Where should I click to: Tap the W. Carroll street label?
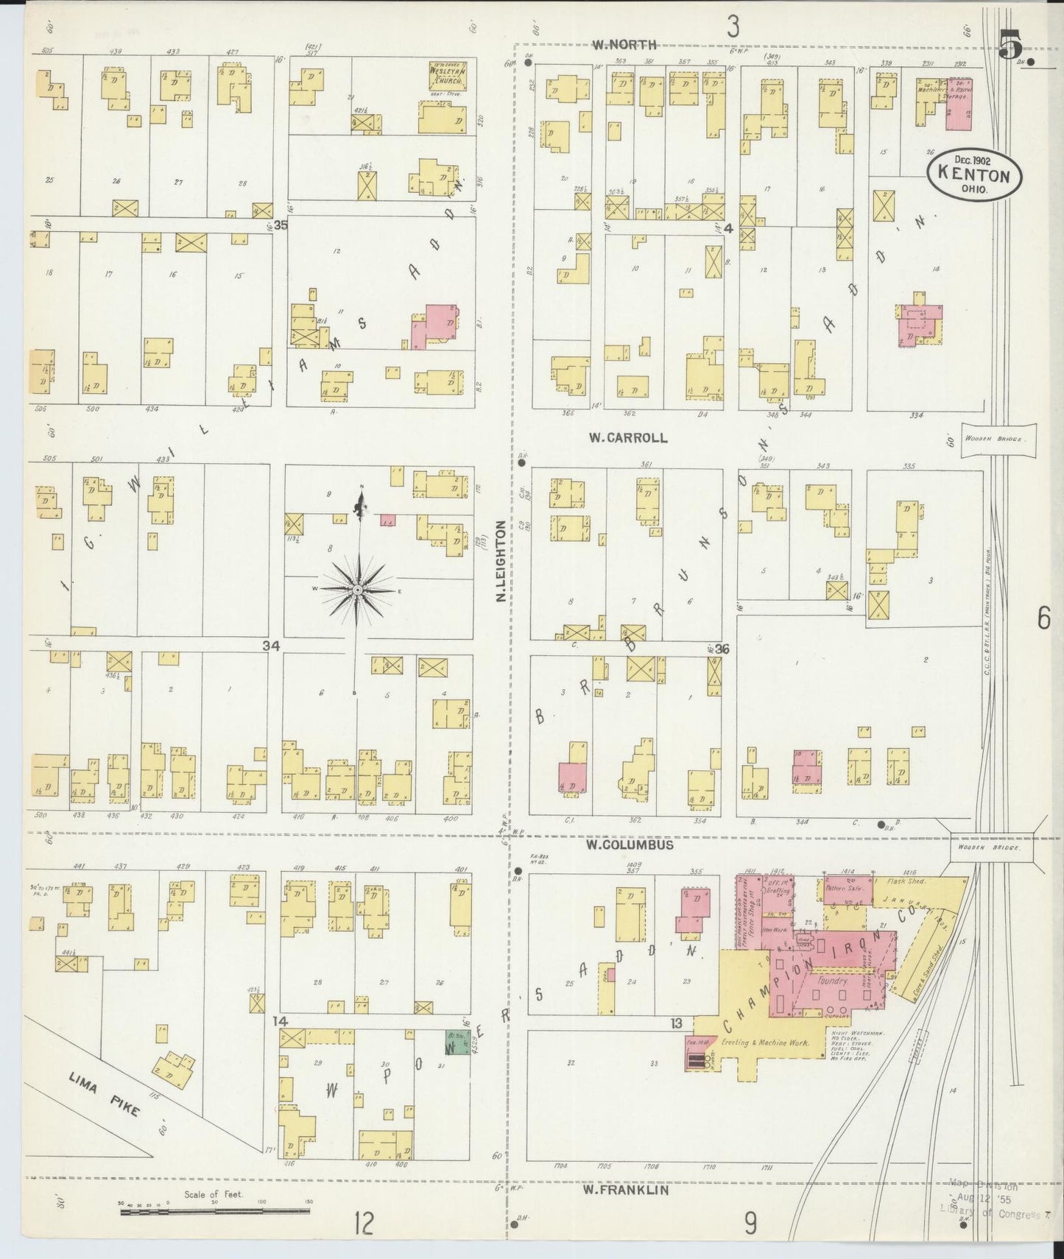(627, 437)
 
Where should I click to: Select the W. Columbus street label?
(630, 845)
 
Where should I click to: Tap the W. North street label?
(625, 45)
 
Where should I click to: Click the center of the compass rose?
(357, 590)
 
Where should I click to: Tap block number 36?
(722, 649)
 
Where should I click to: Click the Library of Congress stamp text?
(990, 1215)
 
